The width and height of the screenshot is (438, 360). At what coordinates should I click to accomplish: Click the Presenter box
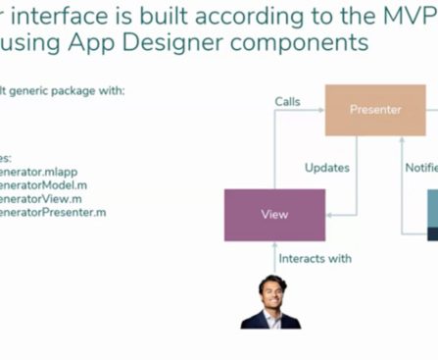click(375, 109)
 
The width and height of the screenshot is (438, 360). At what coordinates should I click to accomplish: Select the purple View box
click(273, 214)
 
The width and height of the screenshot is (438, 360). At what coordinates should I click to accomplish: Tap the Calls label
click(287, 101)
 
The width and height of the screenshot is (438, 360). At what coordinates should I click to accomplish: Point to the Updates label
click(326, 168)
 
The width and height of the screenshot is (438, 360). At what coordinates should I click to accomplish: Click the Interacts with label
click(315, 258)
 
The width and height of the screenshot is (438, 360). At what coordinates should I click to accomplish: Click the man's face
click(271, 291)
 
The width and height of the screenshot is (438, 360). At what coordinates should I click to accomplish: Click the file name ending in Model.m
click(43, 184)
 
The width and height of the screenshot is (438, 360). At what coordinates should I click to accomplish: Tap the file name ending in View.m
click(40, 198)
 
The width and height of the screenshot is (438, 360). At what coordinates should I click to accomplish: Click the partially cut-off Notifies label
click(421, 168)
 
